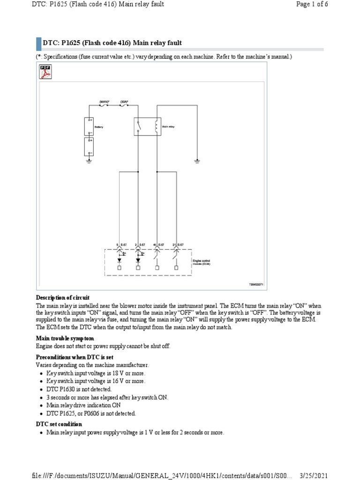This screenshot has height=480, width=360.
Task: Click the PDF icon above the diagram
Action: coord(45,71)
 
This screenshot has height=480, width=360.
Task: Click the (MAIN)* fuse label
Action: coord(104,101)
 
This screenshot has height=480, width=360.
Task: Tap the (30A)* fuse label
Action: coord(125,101)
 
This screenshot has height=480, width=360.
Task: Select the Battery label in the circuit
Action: coord(99,127)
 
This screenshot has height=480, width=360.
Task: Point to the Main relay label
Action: coord(168,127)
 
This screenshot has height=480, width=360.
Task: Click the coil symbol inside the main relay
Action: coord(156,126)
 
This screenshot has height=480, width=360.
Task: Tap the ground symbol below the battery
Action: coord(89,161)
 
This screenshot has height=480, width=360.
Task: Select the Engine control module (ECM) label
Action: coord(202,262)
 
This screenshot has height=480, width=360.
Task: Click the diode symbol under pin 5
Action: coord(120,260)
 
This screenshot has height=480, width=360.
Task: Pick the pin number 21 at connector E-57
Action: coord(174,245)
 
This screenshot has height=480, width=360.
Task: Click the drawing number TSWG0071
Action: coord(256,285)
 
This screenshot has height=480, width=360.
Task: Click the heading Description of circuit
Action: coord(63,298)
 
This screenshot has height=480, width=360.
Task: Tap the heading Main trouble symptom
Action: coord(65,338)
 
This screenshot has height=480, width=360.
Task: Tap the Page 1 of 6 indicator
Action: coord(339,4)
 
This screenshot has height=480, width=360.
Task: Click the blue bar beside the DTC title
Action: coord(38,43)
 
